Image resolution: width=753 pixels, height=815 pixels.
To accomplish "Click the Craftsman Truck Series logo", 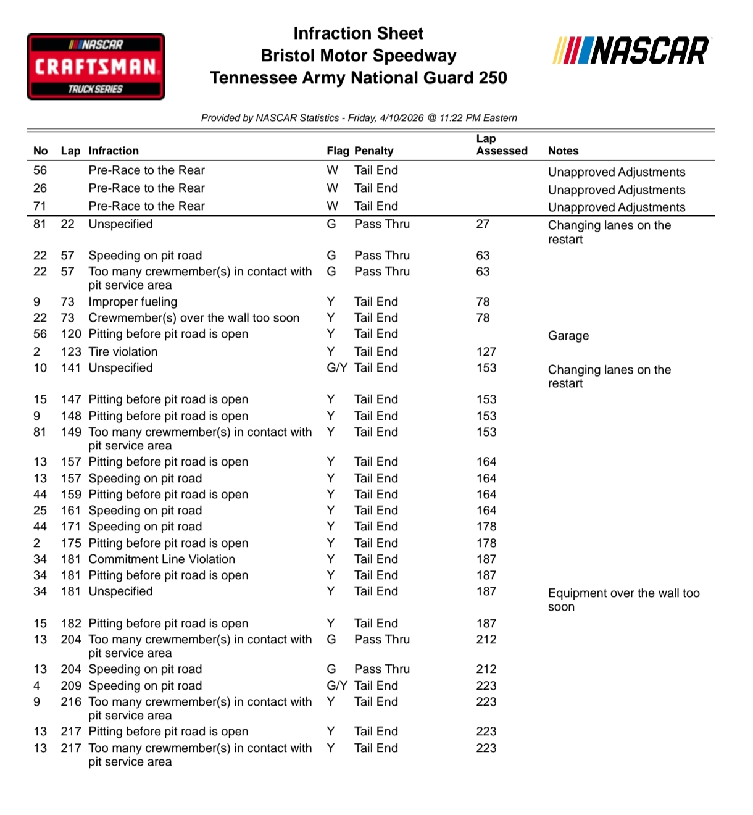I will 96,67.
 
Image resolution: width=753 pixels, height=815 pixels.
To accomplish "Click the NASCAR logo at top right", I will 632,51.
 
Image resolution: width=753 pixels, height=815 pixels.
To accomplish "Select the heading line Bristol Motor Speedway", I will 358,56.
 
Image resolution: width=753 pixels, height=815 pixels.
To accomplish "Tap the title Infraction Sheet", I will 358,33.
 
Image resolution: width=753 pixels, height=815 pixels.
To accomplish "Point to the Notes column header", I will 563,151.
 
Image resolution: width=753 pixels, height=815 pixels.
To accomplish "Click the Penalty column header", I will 373,151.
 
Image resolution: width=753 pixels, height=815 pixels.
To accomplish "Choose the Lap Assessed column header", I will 501,145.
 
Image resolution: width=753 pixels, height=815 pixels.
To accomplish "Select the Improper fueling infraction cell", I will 133,302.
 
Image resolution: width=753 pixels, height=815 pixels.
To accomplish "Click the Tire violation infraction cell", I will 123,352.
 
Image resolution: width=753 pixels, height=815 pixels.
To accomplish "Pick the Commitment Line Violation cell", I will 162,559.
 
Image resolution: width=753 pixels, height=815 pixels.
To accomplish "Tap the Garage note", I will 568,336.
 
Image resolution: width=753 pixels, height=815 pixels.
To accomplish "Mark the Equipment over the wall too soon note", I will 623,600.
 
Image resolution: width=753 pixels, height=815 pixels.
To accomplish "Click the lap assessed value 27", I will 483,224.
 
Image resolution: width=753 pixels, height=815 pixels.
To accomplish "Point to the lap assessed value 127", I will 486,352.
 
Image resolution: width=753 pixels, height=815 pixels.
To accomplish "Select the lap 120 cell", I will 71,334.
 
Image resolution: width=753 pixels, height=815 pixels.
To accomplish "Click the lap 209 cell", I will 71,686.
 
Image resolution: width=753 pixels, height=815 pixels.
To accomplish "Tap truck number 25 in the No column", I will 40,511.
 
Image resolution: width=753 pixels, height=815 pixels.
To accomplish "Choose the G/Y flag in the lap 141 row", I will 337,368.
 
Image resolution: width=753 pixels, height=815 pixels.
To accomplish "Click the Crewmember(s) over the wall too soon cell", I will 194,318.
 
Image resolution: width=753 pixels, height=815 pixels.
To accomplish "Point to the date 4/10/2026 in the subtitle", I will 402,118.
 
